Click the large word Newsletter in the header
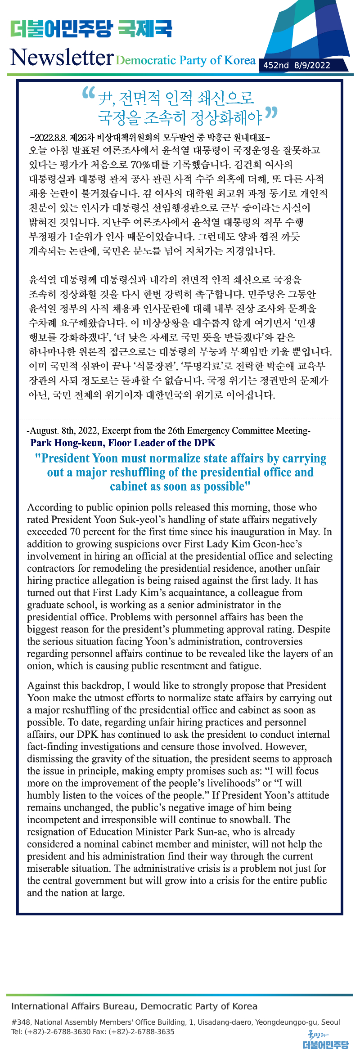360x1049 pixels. pos(62,58)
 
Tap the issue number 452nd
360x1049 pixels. pos(276,65)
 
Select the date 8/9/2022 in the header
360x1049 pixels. pos(312,65)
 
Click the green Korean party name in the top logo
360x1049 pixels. pos(61,29)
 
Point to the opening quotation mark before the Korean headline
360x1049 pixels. pos(89,93)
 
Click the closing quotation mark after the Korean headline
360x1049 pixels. pos(271,112)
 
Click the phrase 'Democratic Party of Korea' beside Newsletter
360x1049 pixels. pos(185,60)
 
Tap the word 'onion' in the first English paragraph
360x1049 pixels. pos(40,666)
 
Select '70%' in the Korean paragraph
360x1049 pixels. pos(140,165)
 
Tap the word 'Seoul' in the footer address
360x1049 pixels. pos(331,1022)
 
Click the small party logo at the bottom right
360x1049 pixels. pos(326,1039)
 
